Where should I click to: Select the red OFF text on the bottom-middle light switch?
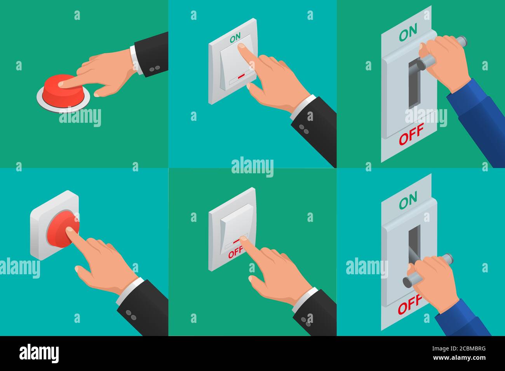[x=235, y=253]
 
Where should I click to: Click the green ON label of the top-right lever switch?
[x=408, y=32]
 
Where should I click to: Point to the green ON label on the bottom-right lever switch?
[x=408, y=200]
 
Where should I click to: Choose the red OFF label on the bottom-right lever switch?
[x=410, y=305]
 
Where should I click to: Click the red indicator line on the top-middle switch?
[x=242, y=75]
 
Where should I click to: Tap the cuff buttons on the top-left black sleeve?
[x=155, y=69]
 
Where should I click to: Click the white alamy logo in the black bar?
[x=39, y=354]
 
